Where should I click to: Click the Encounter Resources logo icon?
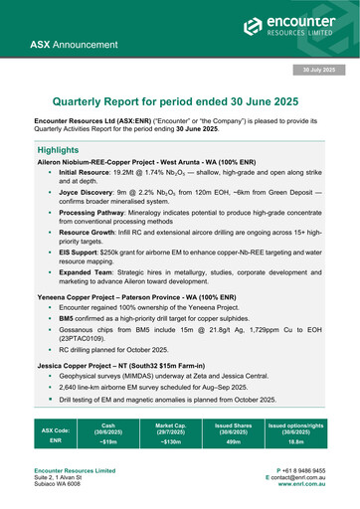256,27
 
